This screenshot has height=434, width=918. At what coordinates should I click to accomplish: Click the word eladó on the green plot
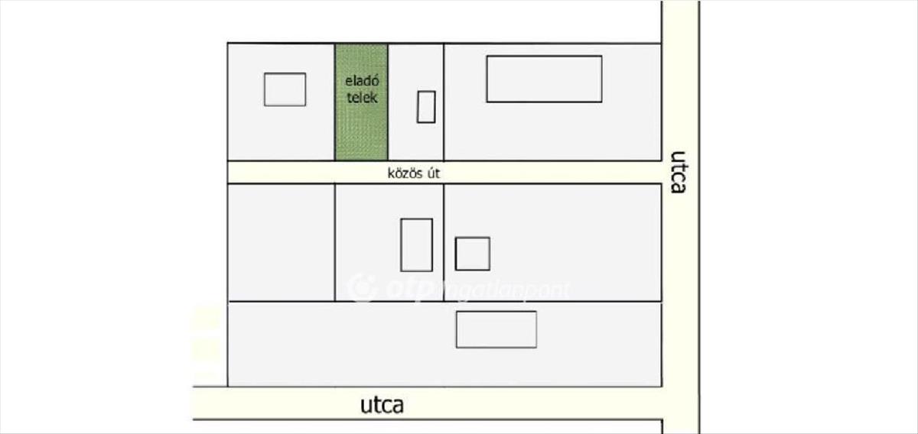pos(361,83)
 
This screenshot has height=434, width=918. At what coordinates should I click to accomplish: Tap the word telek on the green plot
pos(361,98)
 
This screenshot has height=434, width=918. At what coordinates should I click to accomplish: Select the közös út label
pos(414,173)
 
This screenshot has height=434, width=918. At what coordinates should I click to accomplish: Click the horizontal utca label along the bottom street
pos(381,405)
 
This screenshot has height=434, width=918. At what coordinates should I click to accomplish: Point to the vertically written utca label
pos(678,172)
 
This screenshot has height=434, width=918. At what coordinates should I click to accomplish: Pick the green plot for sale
pos(361,130)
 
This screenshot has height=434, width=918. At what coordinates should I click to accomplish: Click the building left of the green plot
pos(285,89)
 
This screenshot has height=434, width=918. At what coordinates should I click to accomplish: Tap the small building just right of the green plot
pos(426,106)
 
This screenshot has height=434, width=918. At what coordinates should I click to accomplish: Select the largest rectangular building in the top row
pos(544,79)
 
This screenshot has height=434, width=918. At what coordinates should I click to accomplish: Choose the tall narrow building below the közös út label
pos(416,245)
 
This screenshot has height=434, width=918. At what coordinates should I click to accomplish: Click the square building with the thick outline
pos(472,254)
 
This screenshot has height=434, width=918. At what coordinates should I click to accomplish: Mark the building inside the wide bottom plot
pos(496,329)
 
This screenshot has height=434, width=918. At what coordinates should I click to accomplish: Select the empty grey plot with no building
pos(281,242)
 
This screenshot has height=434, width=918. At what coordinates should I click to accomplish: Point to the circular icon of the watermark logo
pos(362,288)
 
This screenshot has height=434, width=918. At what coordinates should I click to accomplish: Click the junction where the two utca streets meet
pos(679,403)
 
